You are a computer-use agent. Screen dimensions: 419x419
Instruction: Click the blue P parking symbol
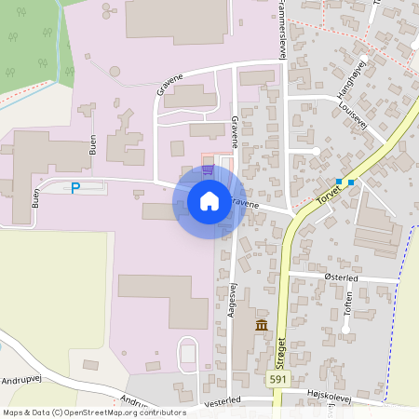coord(76,188)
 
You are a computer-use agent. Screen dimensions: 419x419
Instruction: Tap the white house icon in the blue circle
coord(209,200)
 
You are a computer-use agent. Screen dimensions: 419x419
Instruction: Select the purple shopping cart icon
coord(207,169)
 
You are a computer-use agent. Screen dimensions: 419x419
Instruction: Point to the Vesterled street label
coord(223,399)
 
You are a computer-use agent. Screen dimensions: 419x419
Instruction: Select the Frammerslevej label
coord(278,28)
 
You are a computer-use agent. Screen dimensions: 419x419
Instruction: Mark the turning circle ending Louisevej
coord(317,151)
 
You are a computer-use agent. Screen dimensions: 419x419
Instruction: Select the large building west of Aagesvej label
coord(163,300)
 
